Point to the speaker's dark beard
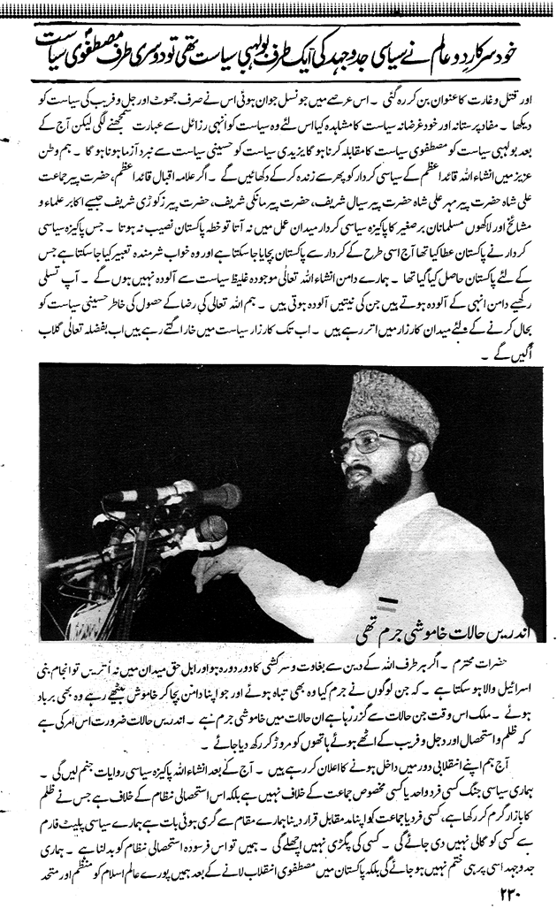389,482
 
